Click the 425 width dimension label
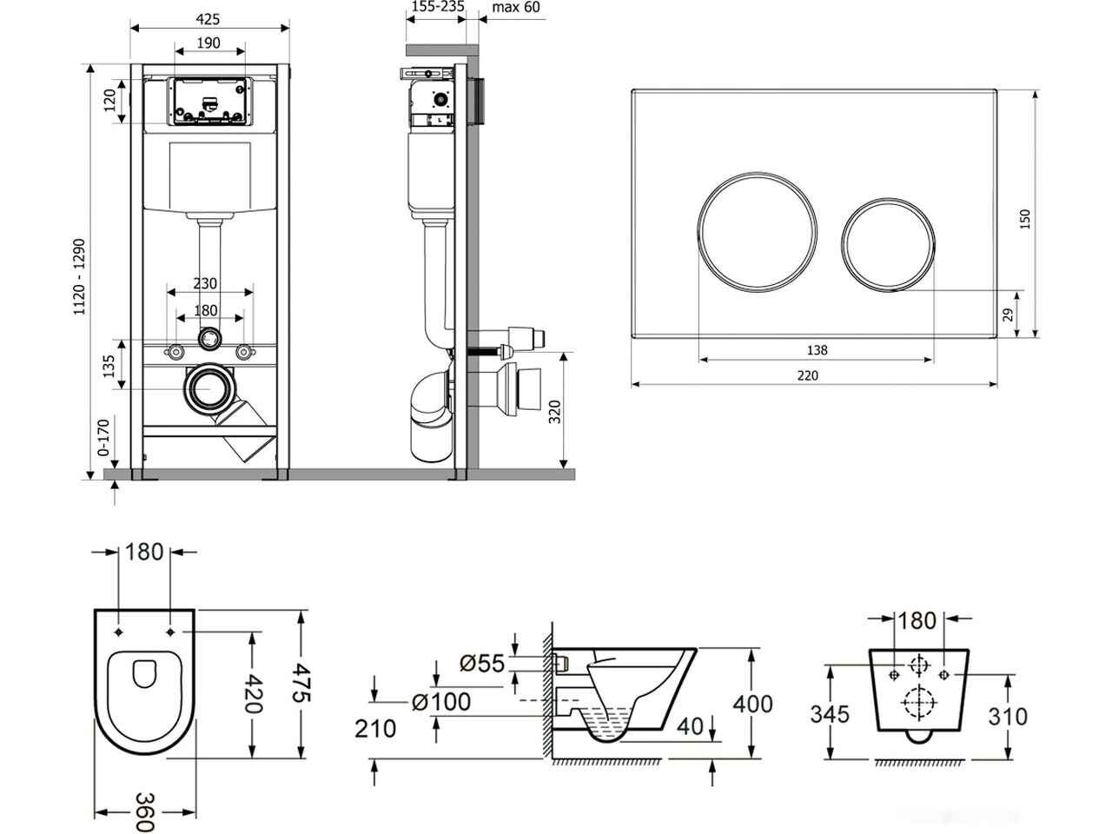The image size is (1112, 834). pos(208,19)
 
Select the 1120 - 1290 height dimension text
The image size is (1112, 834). pos(80,277)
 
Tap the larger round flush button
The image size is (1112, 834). pos(757,232)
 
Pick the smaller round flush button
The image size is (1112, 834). pos(889,244)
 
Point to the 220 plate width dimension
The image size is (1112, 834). pos(808,375)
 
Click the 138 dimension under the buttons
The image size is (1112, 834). pos(817,350)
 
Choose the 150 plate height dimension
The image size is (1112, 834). pos(1024,219)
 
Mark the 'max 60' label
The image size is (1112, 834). pos(516,7)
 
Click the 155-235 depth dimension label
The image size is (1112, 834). pos(438,7)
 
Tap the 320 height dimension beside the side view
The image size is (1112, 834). pos(555,412)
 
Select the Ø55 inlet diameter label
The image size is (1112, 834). pos(482,663)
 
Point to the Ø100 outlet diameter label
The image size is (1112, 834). pos(441,702)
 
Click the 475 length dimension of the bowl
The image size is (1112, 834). pos(301,683)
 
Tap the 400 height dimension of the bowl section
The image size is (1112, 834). pos(753,704)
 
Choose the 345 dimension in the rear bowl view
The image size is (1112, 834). pos(830,714)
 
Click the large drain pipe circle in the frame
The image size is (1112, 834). pos(209,388)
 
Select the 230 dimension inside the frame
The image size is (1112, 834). pos(205,283)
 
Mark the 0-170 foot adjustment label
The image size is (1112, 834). pos(103,438)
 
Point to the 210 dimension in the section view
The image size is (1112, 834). pos(375,729)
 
